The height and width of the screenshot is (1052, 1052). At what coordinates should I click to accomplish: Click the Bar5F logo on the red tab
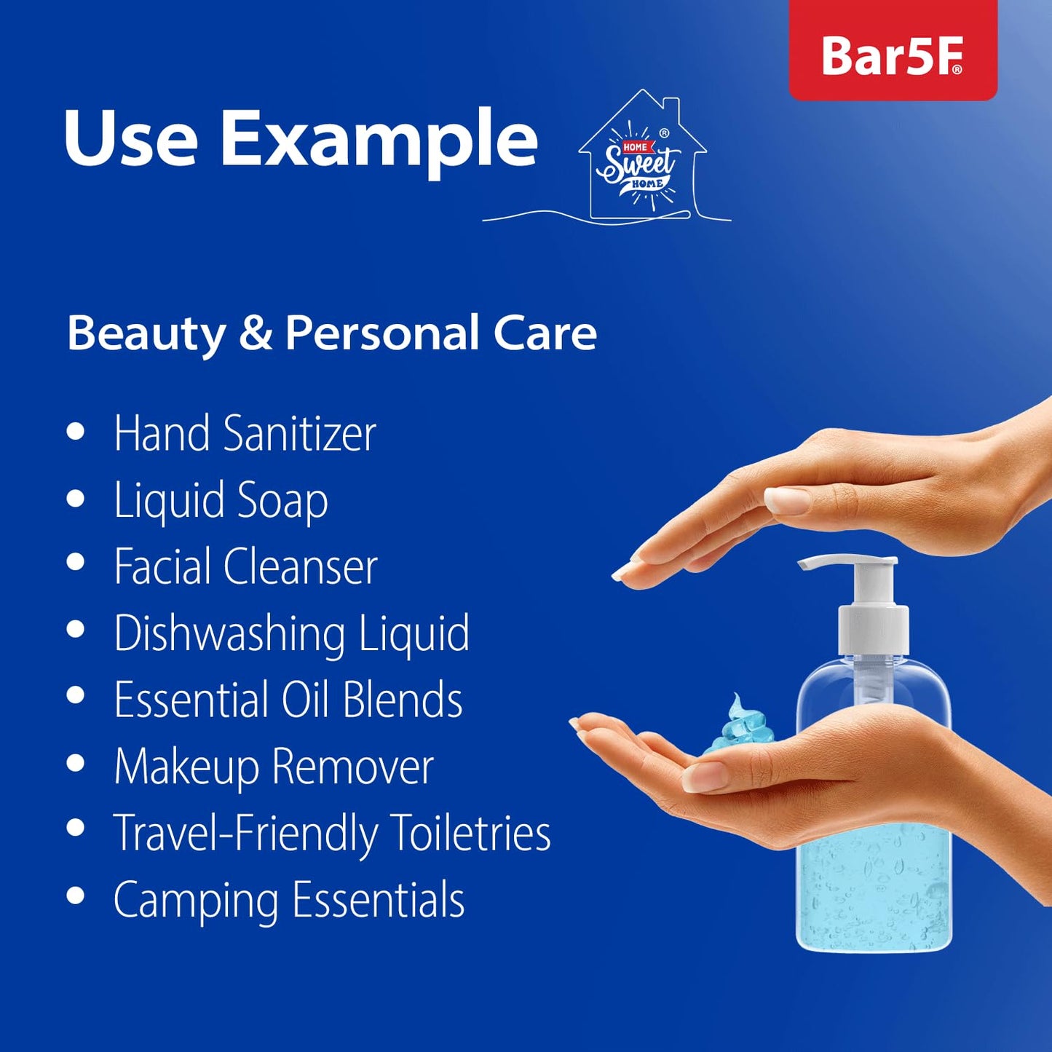point(892,56)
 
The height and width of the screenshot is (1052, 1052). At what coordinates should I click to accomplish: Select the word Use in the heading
point(130,138)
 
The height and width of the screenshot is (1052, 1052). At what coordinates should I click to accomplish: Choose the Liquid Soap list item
point(221,501)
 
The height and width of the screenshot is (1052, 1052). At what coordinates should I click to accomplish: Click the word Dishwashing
point(229,634)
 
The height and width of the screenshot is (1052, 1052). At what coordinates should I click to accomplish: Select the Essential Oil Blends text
point(288,700)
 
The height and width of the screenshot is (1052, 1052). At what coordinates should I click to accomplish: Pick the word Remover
point(352,767)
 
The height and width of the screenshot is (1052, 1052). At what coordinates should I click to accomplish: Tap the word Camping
point(196,901)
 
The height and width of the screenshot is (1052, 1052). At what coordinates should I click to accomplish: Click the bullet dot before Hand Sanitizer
point(76,432)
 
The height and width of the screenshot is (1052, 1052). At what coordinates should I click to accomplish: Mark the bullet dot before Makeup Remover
point(76,764)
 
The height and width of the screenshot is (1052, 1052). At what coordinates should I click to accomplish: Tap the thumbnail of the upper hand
point(787,499)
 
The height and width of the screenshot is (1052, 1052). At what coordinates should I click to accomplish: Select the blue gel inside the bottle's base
point(874,895)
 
